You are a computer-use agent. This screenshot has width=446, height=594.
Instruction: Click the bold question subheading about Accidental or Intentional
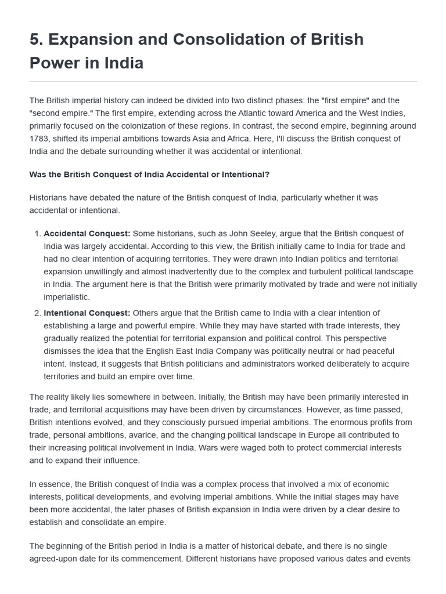point(149,174)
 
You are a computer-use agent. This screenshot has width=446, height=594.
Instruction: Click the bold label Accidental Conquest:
point(87,233)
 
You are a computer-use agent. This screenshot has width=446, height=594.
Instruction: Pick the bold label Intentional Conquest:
point(87,313)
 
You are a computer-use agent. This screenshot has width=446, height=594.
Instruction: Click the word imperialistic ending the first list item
point(66,297)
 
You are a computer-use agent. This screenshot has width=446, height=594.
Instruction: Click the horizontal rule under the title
point(223,81)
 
